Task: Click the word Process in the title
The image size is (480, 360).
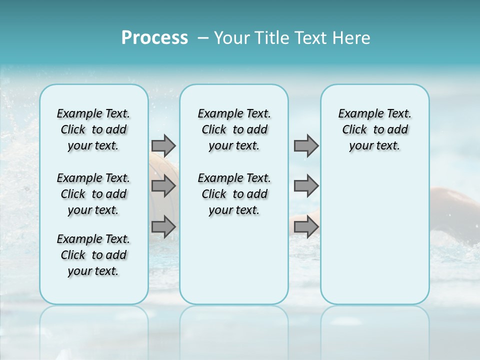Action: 154,38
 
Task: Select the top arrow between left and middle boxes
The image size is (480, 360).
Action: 163,146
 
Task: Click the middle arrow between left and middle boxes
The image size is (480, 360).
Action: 163,186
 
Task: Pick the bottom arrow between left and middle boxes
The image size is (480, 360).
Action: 163,227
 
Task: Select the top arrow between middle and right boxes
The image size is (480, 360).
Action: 306,146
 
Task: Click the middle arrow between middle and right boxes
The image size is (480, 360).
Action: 306,186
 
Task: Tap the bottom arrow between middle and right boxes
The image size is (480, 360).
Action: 306,227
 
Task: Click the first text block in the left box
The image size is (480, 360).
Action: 93,129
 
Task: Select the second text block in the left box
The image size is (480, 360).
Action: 93,194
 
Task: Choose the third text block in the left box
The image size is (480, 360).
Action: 93,255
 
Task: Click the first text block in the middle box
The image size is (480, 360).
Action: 234,129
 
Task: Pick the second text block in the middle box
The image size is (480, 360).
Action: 234,194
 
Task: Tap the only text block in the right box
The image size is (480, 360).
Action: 374,129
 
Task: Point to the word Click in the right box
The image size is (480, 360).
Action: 354,129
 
